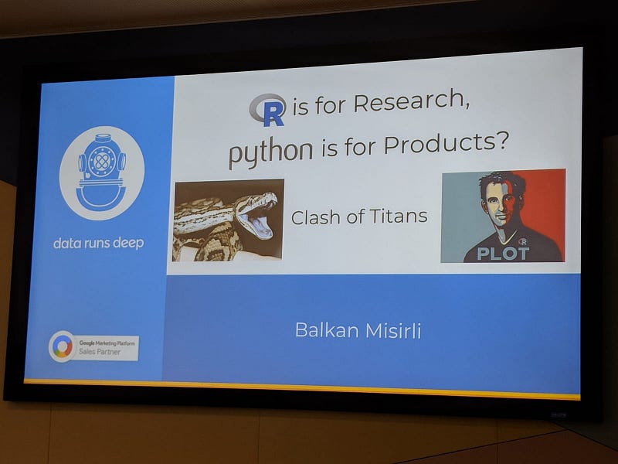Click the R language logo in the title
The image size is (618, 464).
[267, 110]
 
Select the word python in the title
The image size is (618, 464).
[271, 152]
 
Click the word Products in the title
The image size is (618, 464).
[438, 144]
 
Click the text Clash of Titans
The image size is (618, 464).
[359, 217]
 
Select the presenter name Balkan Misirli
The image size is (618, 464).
[358, 330]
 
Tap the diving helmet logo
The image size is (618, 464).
[102, 172]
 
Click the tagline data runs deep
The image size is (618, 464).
[99, 243]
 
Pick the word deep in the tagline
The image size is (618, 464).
[128, 244]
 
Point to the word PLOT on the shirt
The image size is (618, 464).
[503, 254]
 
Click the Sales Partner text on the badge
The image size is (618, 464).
[100, 352]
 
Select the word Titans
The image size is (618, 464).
[399, 217]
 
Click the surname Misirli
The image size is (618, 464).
[394, 331]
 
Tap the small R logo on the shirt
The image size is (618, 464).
[523, 241]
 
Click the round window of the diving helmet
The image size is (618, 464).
[102, 161]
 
